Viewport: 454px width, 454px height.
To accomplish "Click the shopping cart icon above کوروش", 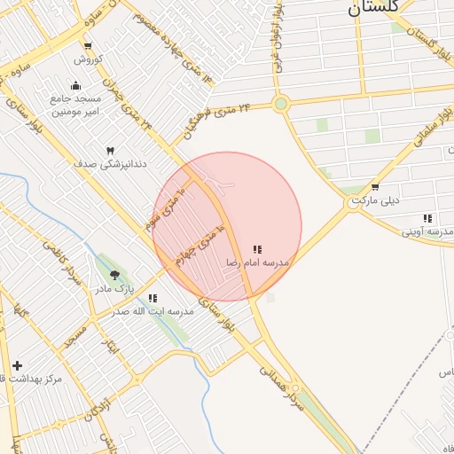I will click(87, 46).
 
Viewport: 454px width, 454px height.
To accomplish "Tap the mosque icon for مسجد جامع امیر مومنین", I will click(75, 86).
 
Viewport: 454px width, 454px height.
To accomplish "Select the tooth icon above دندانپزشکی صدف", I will click(110, 152).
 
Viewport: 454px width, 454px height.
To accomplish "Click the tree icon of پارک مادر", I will click(113, 275).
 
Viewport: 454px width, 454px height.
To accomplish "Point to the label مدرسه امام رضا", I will click(258, 263).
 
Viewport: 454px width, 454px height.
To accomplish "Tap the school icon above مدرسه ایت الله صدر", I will click(153, 299).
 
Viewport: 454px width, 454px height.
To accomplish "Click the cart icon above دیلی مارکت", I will click(375, 187).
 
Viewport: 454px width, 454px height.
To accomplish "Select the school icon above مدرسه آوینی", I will click(427, 218).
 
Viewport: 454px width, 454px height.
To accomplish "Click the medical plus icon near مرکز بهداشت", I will click(17, 365).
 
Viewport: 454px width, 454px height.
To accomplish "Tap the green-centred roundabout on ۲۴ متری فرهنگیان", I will click(281, 105).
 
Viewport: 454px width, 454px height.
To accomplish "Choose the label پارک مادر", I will click(114, 289).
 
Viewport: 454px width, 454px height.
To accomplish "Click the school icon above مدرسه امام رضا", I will click(257, 250).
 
